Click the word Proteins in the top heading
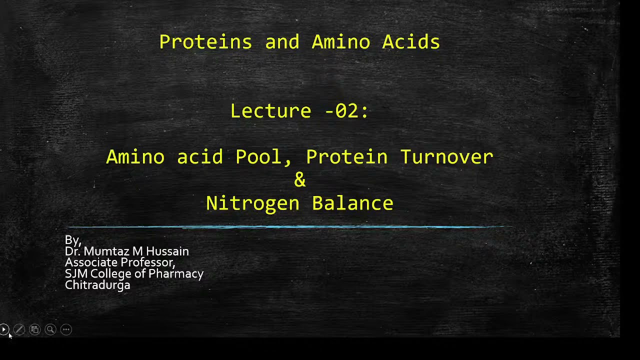pos(205,42)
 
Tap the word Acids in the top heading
pos(411,42)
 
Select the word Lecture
pos(270,111)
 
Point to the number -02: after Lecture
pos(346,111)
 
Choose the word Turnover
pos(446,157)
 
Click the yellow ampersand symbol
pos(300,180)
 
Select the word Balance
pos(352,203)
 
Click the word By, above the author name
pos(73,240)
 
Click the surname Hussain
pos(167,251)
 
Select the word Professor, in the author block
pos(149,262)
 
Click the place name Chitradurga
pos(97,285)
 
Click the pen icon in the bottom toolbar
pos(19,329)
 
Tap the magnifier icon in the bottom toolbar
pos(50,329)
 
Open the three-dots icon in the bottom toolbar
pos(66,329)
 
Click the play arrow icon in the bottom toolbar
pos(4,329)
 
